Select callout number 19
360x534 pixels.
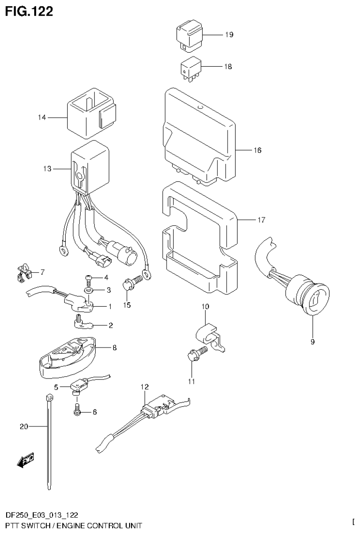229,35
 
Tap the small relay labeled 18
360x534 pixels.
190,69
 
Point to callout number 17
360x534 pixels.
261,220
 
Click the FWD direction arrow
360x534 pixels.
25,461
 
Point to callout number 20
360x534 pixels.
24,426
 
